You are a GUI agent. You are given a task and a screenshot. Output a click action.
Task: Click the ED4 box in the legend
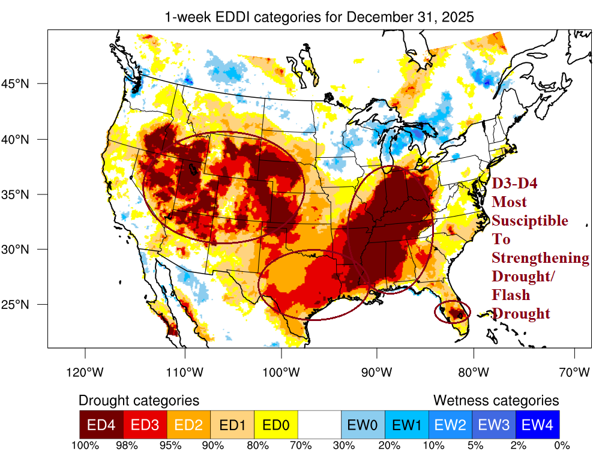(x=101, y=424)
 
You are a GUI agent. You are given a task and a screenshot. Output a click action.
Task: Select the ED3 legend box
(x=145, y=424)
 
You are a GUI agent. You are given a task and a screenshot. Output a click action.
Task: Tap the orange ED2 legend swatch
(x=188, y=424)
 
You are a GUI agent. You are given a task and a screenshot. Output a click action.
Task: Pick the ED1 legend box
(x=232, y=424)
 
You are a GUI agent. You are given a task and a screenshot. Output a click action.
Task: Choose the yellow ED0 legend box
(x=275, y=424)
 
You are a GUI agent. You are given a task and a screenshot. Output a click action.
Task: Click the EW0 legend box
(x=363, y=424)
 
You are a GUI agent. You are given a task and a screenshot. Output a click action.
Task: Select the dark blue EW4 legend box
(x=537, y=424)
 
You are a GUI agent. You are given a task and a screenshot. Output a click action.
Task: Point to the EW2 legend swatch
(x=450, y=424)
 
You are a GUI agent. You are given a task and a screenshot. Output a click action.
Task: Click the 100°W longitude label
(x=280, y=373)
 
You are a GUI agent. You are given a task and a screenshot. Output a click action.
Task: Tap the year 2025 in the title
(x=457, y=17)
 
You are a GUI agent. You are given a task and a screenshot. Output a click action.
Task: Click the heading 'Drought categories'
(x=139, y=400)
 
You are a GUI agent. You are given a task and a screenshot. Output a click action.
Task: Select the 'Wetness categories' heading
(x=496, y=400)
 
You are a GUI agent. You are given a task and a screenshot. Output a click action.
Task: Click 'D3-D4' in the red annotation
(x=513, y=184)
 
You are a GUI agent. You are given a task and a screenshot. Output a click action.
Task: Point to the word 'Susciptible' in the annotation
(x=529, y=221)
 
